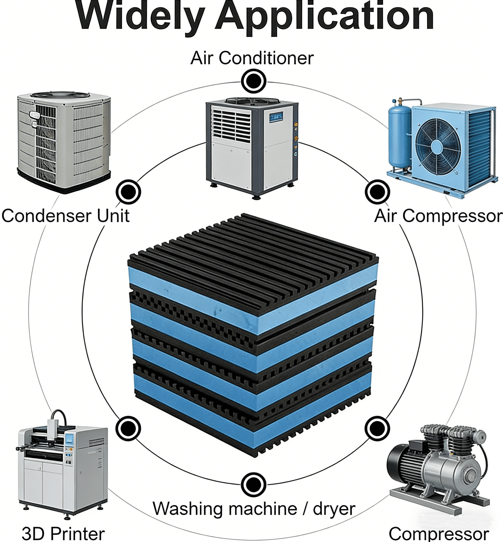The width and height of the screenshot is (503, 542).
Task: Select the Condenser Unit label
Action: pos(65,216)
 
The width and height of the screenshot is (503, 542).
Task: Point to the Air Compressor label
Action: pos(438,216)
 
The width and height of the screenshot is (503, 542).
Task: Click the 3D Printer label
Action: pos(63,533)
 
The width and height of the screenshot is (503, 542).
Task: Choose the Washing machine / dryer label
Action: pos(254,509)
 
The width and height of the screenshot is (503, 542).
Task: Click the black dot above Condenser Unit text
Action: pos(128,191)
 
